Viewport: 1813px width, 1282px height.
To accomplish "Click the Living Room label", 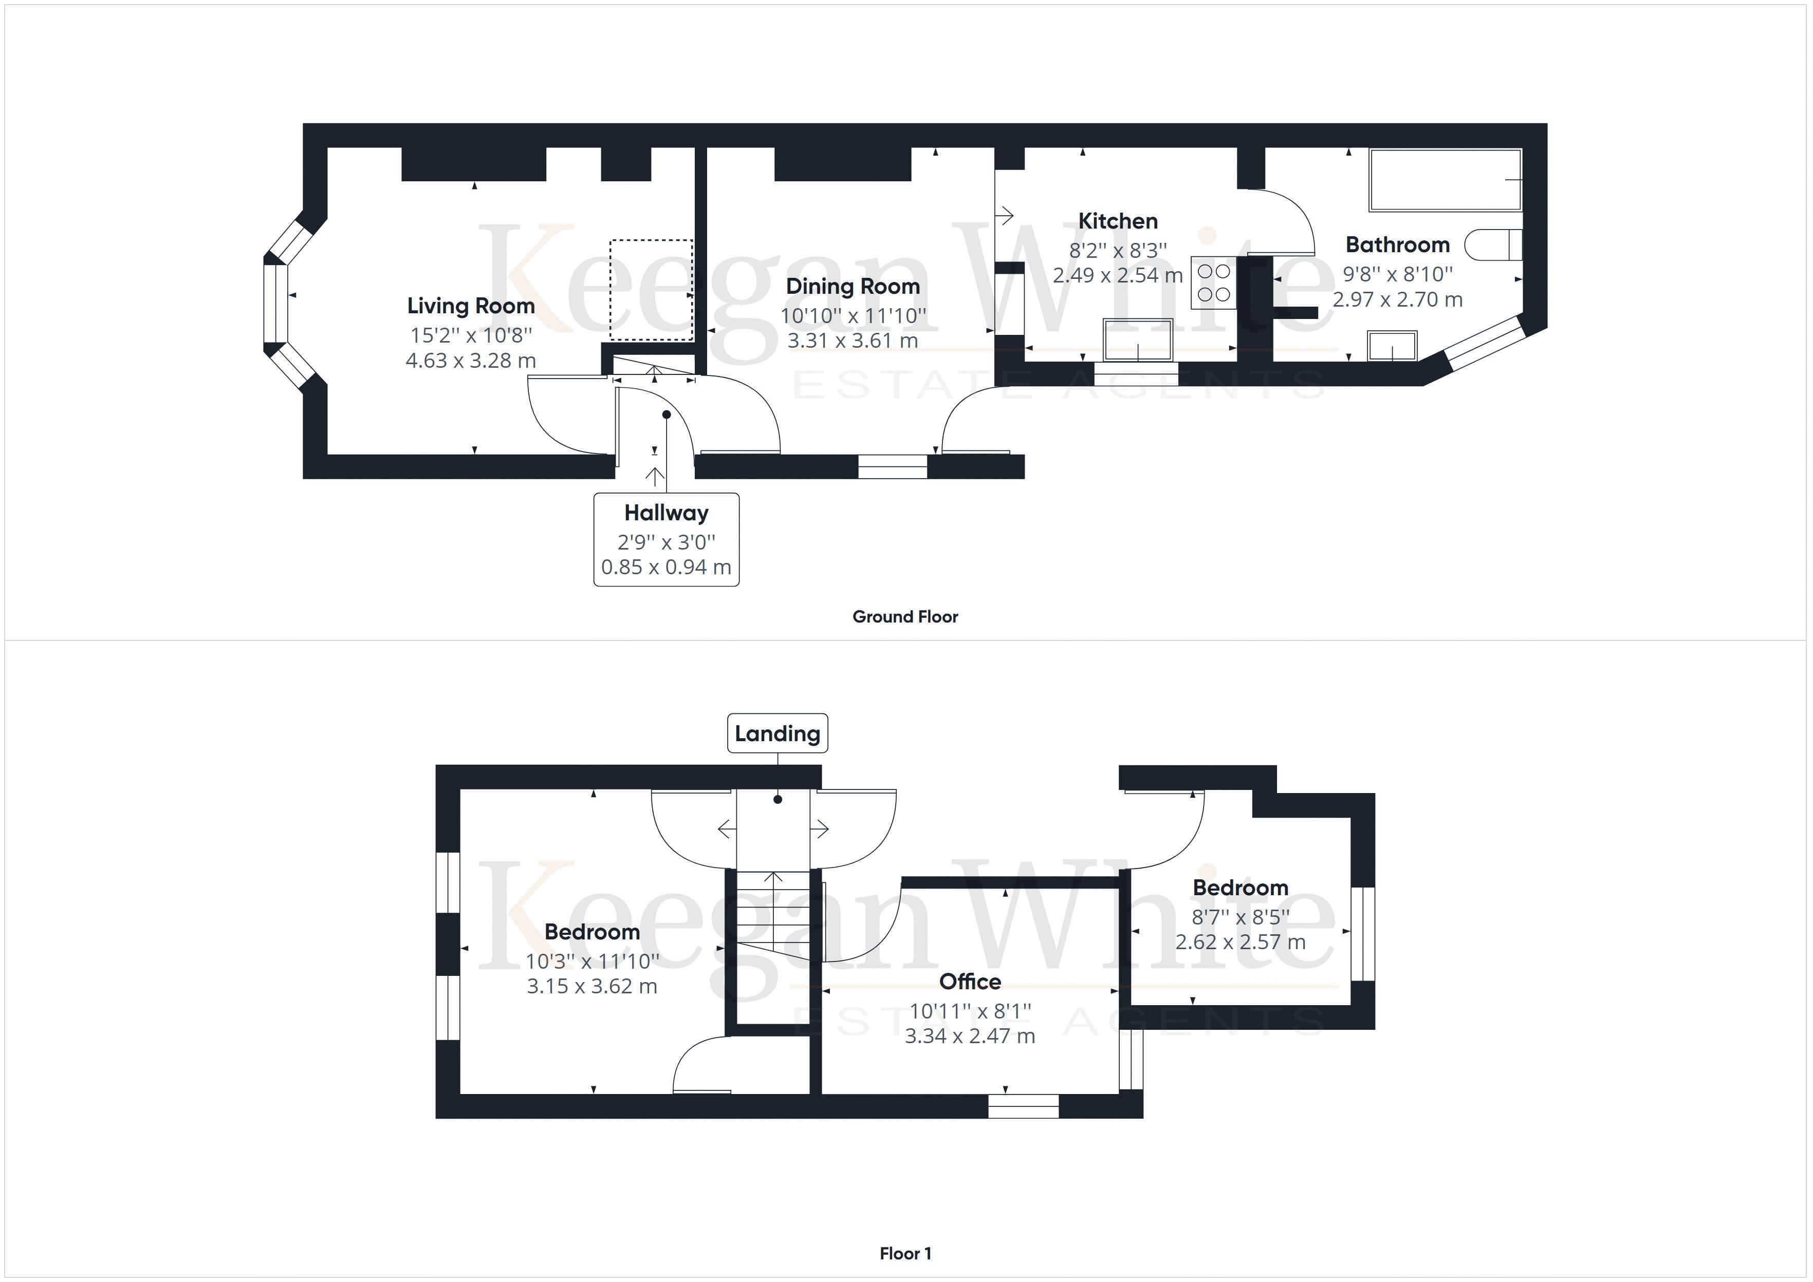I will point(471,306).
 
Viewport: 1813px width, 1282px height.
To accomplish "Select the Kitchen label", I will point(1117,221).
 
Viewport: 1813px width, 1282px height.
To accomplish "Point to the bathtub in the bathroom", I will point(1445,180).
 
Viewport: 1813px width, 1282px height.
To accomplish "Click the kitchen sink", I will point(1137,340).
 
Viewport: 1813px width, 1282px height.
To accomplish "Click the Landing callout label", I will point(777,733).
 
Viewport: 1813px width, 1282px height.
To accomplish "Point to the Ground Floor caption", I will point(905,616).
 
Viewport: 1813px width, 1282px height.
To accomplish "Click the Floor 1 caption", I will point(905,1253).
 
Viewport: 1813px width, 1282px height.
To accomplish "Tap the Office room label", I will point(970,981).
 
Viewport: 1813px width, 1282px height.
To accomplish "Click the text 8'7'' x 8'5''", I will point(1239,916).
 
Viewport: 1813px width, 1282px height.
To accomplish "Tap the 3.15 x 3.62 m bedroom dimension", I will point(591,986).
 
